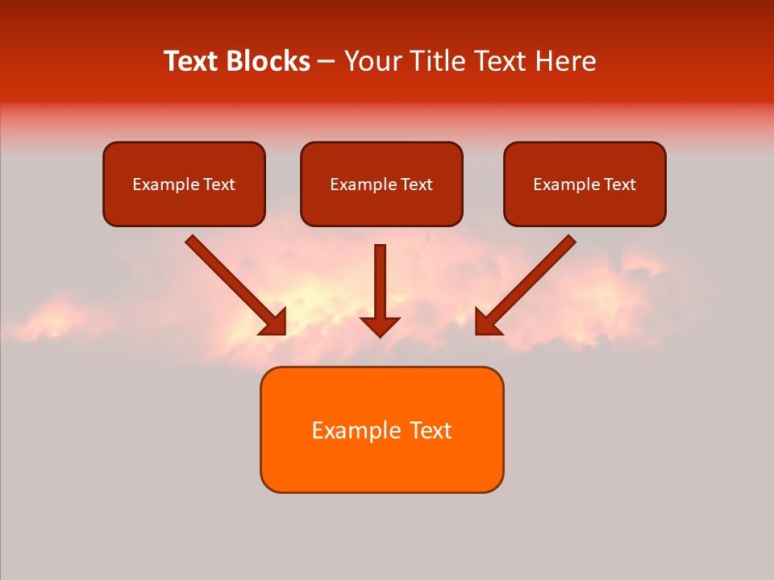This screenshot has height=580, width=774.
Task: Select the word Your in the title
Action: pos(371,61)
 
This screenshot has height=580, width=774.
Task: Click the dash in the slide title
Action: pos(327,61)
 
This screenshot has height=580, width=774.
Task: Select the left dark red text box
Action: pos(184,184)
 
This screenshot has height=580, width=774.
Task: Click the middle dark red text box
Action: pos(381,184)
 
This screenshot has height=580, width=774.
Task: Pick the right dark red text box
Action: pos(585,184)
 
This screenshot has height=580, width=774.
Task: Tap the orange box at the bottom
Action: pos(381,429)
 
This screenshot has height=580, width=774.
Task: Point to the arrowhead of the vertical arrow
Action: pos(381,326)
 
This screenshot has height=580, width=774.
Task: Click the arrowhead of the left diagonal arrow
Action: pos(274,322)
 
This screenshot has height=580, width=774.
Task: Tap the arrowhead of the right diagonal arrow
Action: pos(487,322)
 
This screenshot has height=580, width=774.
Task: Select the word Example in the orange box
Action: pos(357,430)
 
